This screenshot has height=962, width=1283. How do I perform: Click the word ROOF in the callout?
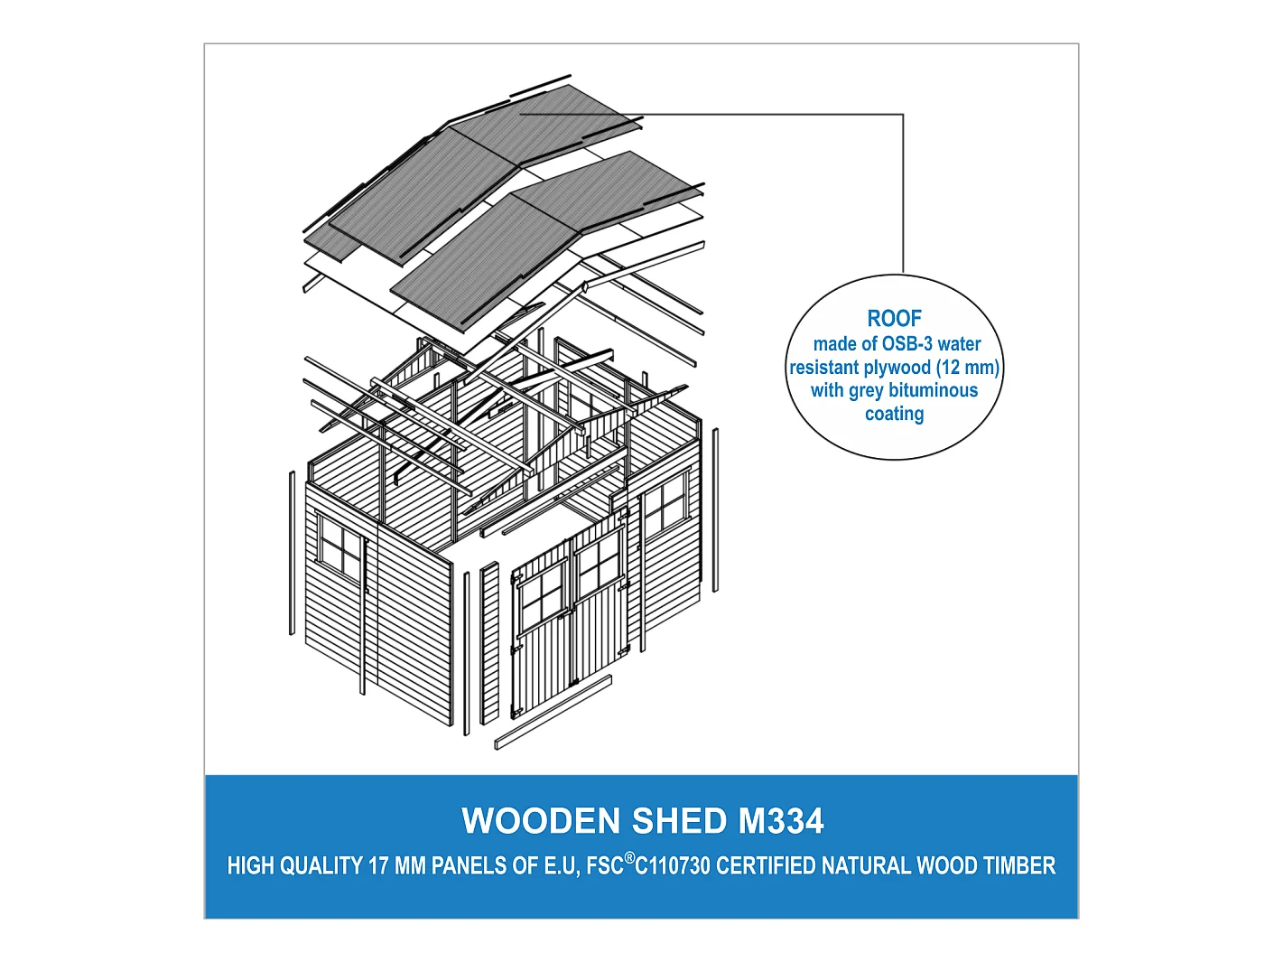894,319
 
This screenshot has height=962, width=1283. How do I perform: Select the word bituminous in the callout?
933,390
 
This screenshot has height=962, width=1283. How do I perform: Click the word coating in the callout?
894,414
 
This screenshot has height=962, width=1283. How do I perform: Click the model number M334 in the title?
781,821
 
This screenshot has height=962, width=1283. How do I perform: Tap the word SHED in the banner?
678,821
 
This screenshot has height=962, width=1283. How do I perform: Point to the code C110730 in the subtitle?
673,865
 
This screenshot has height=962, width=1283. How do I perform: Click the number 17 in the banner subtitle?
378,865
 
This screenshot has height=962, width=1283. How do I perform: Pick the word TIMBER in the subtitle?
1019,865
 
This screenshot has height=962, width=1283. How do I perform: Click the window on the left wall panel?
341,547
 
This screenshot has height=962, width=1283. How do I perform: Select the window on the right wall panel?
665,508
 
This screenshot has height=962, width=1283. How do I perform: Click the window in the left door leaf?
542,596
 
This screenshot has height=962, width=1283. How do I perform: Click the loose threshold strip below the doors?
553,713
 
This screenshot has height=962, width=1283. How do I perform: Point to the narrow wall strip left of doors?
489,643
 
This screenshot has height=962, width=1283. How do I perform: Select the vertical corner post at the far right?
716,510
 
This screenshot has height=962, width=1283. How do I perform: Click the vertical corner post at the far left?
292,553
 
